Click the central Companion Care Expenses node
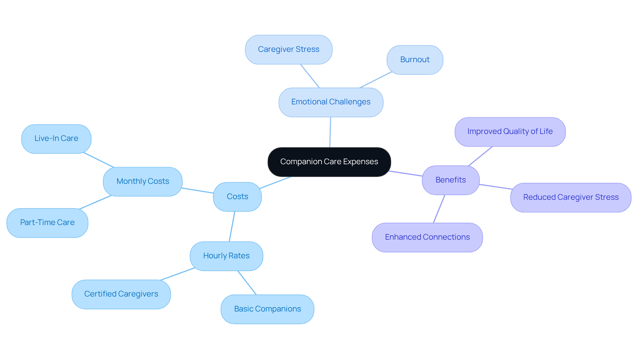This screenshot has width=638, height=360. coord(329,162)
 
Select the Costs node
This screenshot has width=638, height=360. coord(237,197)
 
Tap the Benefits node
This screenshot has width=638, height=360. coord(451,180)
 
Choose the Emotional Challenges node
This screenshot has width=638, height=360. coord(331,102)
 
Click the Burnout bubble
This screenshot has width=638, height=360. coord(415,60)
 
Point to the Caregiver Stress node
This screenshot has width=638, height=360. coord(288,50)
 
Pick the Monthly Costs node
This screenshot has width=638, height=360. coord(143,181)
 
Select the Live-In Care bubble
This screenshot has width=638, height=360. coord(56,139)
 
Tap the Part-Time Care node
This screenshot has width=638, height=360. coord(47,223)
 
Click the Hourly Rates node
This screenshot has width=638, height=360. coord(226,256)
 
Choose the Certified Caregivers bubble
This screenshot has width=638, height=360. coord(121,294)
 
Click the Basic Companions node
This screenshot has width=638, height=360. coord(267,309)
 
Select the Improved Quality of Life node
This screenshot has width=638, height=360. coord(510,132)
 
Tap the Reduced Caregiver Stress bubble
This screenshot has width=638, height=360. coord(571,197)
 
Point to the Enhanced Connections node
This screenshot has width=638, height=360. coord(427,237)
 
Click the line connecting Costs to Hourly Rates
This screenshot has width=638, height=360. coord(232,226)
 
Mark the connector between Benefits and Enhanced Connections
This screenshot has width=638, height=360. coord(439,209)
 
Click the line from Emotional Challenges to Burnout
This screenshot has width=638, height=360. coord(375,80)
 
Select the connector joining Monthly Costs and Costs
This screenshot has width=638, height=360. coord(198,190)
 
